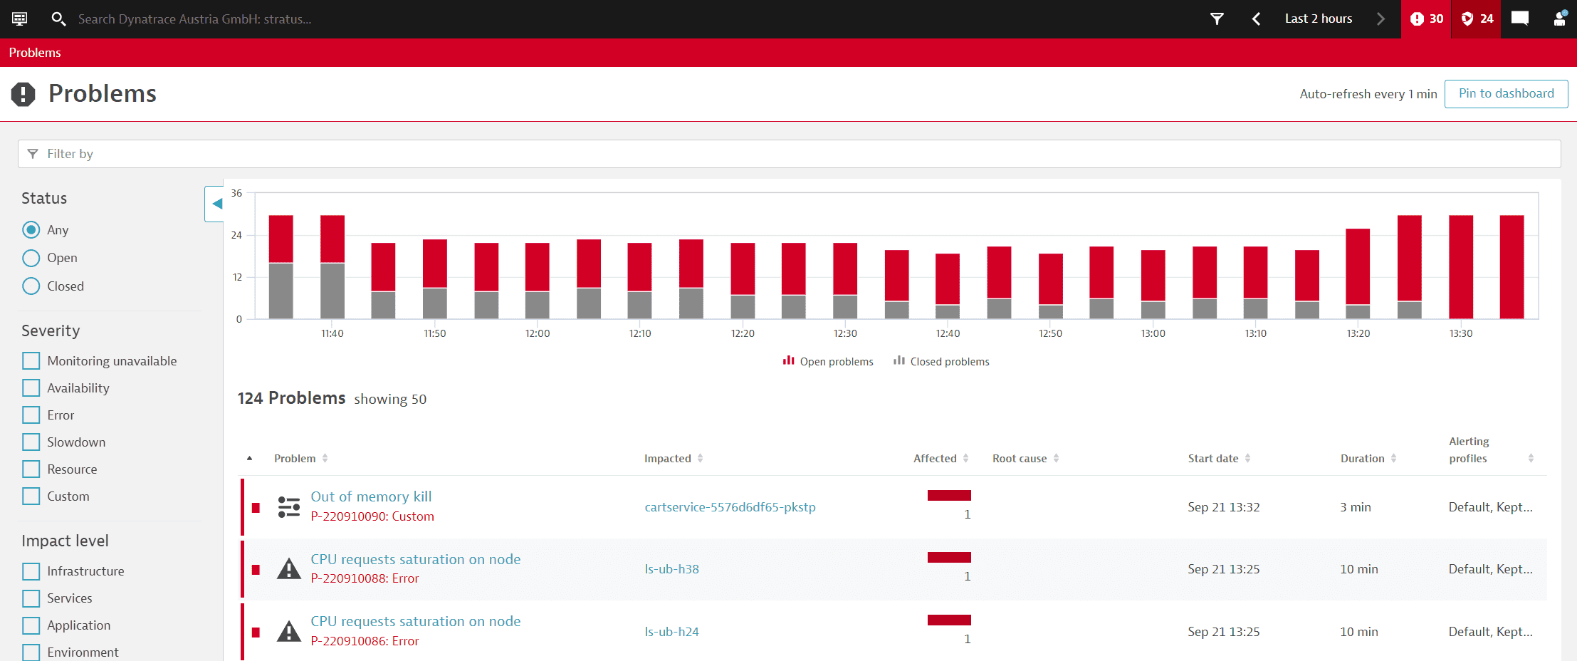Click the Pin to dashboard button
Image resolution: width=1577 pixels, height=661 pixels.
coord(1506,93)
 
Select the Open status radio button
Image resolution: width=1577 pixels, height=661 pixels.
coord(31,258)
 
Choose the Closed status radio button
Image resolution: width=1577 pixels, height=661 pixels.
coord(31,286)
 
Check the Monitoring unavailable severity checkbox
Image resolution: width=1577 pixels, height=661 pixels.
coord(31,361)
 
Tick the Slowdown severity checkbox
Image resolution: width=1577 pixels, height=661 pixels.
coord(31,442)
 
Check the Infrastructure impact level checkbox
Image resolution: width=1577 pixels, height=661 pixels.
coord(31,571)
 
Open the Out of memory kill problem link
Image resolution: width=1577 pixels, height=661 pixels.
coord(371,496)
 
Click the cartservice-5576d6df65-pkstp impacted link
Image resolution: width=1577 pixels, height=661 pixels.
coord(730,507)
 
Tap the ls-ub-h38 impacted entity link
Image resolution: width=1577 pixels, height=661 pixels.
coord(671,569)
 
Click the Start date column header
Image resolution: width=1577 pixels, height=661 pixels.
coord(1213,459)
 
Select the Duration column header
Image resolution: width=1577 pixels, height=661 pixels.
coord(1362,459)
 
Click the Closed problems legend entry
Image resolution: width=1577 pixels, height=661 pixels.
coord(941,362)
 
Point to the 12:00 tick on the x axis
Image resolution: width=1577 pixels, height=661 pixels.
coord(538,333)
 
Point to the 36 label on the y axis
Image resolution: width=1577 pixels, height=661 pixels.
coord(236,193)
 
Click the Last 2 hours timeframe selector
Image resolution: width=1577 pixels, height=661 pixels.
coord(1318,19)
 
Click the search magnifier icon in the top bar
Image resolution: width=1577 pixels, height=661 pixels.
coord(58,19)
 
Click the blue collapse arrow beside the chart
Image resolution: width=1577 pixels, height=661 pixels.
coord(216,204)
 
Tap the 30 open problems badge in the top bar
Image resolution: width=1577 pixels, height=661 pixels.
coord(1426,19)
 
